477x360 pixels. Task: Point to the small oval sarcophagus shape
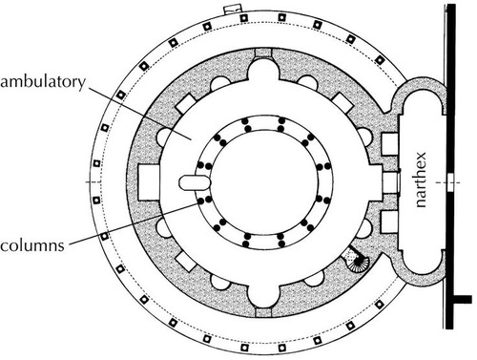(x=194, y=180)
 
